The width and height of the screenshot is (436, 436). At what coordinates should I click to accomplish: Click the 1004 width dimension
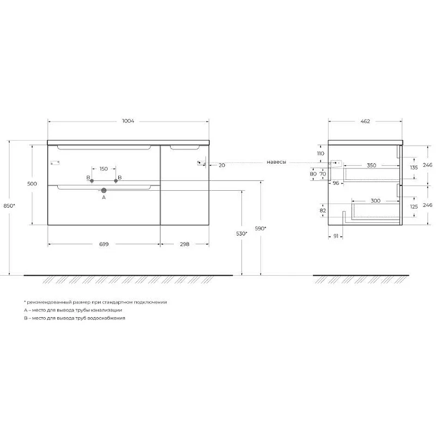pos(128,121)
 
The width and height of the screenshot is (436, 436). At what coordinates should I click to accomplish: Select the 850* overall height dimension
pos(9,206)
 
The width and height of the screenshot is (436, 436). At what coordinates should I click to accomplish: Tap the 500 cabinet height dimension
pos(32,184)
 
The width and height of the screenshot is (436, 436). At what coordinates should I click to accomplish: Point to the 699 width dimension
pos(104,244)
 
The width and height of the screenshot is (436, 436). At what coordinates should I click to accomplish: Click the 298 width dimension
pos(184,244)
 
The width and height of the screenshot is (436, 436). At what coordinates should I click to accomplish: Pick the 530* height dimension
pos(241,234)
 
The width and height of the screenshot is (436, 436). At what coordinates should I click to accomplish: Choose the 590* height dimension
pos(261,228)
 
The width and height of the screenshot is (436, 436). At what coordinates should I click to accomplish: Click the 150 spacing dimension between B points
pos(104,169)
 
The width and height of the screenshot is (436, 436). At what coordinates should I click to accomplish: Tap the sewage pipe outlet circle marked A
pos(104,190)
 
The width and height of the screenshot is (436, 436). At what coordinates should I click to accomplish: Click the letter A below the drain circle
pos(104,197)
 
